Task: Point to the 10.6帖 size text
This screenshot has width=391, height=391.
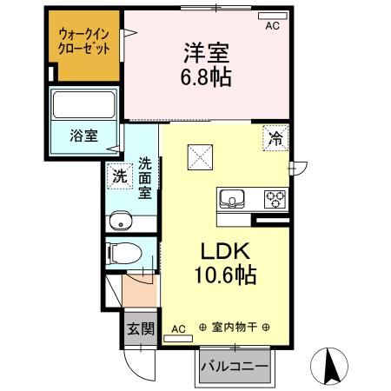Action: [x=224, y=276]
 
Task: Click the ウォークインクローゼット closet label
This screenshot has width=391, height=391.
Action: [x=84, y=42]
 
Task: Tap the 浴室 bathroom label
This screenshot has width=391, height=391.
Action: [x=83, y=136]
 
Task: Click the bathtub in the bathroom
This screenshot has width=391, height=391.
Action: [x=84, y=106]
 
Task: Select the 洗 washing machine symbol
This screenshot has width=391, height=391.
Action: [x=117, y=176]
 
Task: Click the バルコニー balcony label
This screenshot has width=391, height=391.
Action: [x=235, y=367]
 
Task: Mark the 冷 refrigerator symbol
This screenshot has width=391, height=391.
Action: [x=275, y=136]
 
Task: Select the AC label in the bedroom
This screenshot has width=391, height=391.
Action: [x=272, y=26]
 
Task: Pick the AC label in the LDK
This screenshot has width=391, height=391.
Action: [x=178, y=328]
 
